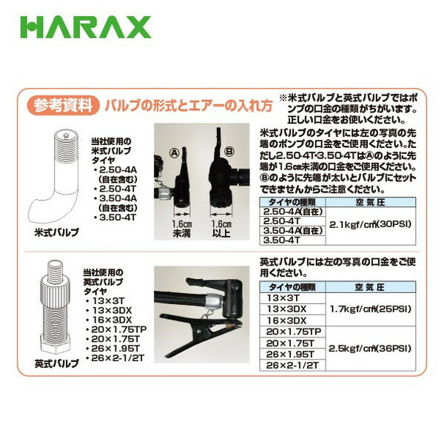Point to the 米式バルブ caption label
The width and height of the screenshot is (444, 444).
[56, 231]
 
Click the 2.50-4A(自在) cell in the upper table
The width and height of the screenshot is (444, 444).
[293, 212]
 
